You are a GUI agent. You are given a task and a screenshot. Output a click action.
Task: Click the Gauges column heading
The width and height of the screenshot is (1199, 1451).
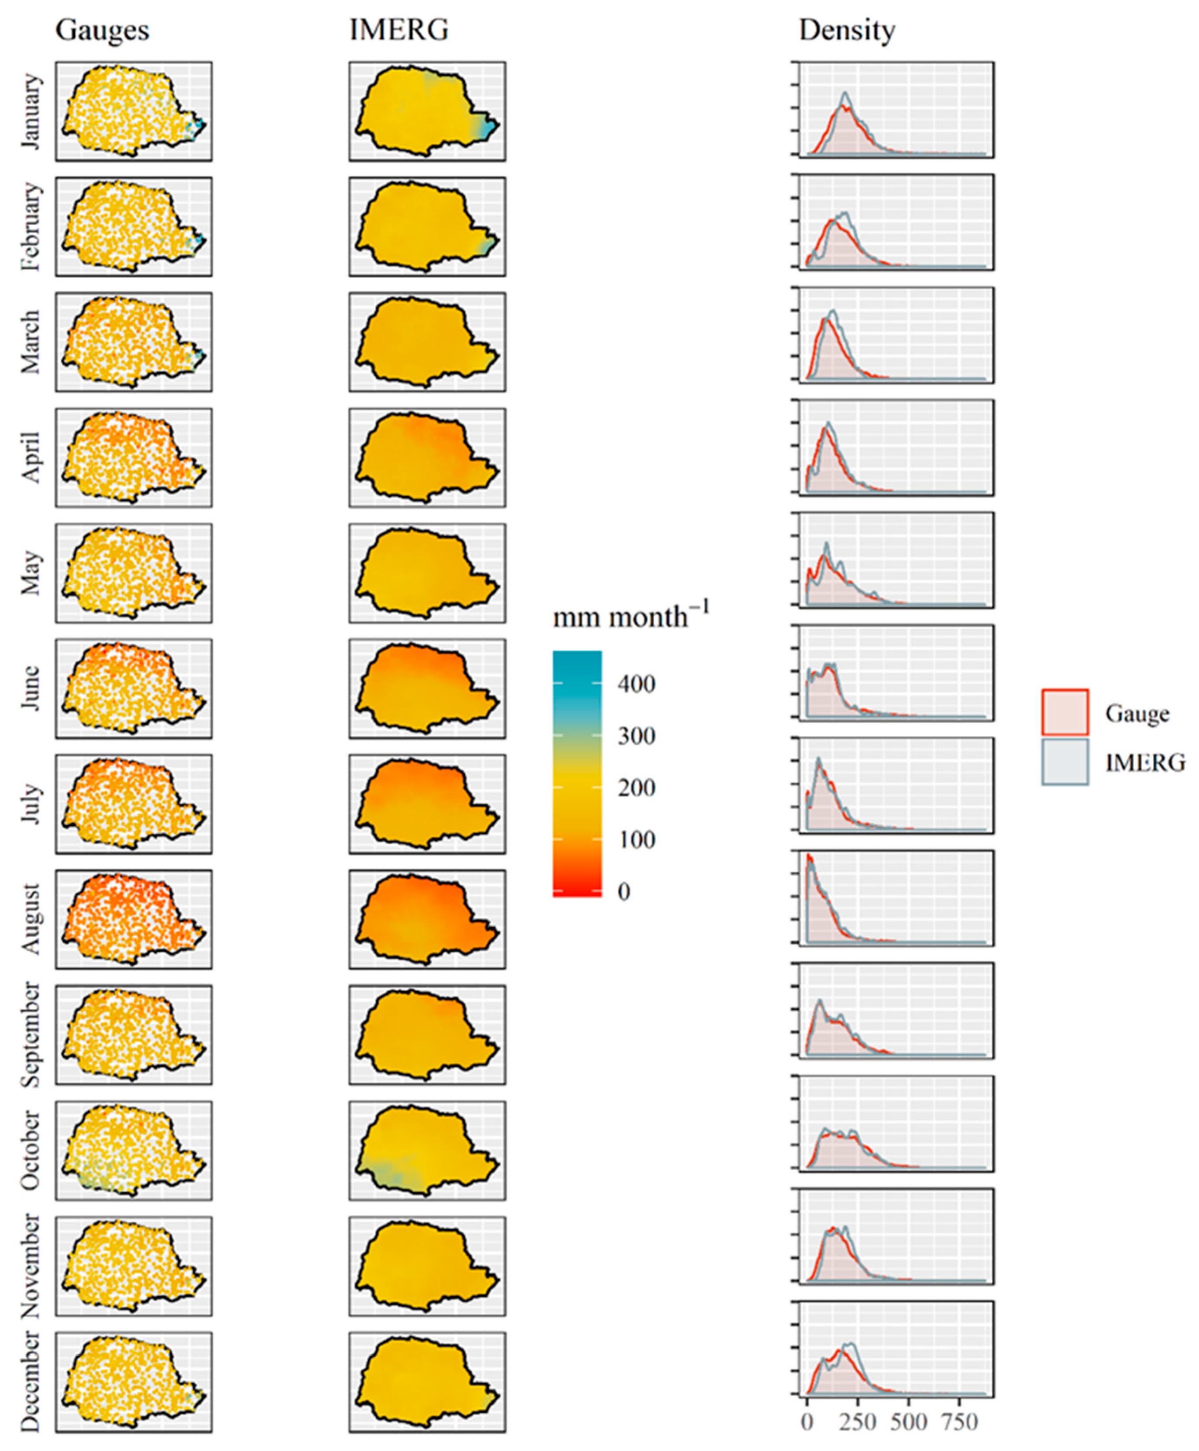[x=102, y=30]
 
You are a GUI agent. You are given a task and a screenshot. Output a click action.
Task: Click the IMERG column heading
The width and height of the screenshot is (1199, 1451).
[x=399, y=30]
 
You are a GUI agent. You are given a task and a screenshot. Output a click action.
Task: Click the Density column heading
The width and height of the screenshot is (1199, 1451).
[x=847, y=30]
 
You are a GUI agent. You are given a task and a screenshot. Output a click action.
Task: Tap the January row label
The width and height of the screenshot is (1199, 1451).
[x=31, y=112]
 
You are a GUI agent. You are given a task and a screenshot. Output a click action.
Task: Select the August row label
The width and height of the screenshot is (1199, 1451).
[x=31, y=919]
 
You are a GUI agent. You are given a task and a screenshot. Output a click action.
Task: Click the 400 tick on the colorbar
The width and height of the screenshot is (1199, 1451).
[x=635, y=684]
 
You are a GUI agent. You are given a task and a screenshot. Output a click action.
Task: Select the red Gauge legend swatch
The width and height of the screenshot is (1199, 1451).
[x=1064, y=712]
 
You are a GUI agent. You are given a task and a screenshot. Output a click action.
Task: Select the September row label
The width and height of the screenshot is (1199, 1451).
[x=31, y=1034]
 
